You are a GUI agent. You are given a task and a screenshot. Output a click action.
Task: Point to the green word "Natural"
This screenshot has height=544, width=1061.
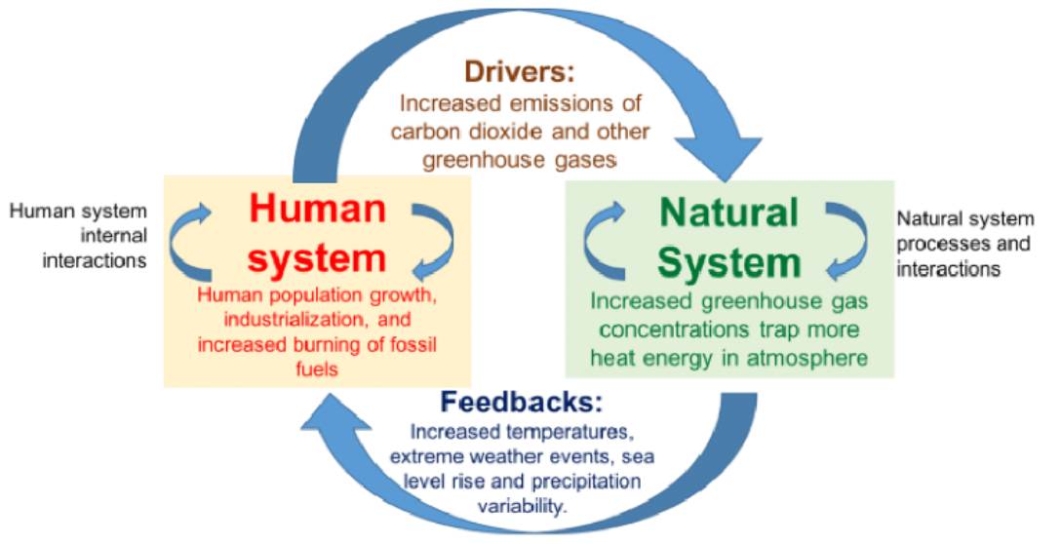coord(728,213)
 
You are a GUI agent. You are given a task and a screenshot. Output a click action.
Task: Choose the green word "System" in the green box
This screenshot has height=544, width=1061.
coord(729,260)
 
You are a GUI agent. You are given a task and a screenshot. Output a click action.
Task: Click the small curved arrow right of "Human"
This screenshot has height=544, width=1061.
coord(426,238)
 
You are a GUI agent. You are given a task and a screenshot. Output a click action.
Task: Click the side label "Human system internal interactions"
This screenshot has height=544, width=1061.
coord(78,235)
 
